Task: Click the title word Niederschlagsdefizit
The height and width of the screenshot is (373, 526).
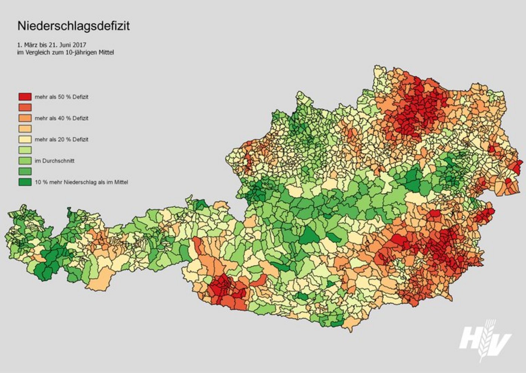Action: [74, 26]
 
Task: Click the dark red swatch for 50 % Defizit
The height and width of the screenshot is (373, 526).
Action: [25, 97]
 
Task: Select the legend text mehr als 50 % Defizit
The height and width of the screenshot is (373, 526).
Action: [61, 97]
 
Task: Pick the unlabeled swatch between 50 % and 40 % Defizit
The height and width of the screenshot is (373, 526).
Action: [25, 108]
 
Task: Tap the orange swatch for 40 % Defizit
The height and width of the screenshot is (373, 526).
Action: [25, 118]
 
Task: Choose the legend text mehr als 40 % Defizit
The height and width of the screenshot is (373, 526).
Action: [61, 118]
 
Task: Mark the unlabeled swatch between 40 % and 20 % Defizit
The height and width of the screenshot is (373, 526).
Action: [25, 129]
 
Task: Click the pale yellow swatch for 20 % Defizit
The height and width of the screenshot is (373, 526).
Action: [25, 139]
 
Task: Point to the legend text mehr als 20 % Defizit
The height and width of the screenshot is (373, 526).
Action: [61, 139]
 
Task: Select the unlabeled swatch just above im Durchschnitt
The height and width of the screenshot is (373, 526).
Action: [25, 150]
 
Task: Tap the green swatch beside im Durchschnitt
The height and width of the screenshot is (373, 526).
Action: [25, 161]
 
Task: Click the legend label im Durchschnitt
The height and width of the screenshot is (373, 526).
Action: [54, 161]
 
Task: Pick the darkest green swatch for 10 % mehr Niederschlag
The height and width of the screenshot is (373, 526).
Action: [25, 182]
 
